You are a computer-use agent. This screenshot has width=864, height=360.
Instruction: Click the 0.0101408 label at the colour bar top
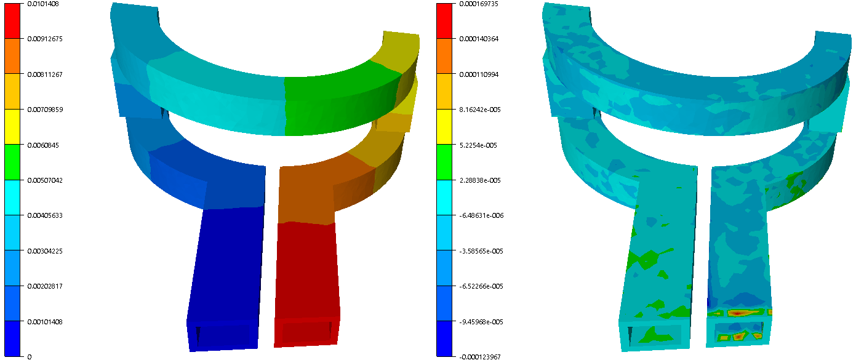tap(43, 4)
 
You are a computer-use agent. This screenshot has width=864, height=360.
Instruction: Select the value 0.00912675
tap(45, 39)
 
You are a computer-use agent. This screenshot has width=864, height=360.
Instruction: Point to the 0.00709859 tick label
tap(45, 110)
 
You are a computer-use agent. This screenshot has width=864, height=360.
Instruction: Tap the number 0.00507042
tap(45, 180)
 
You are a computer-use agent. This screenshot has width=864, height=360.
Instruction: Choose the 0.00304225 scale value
tap(45, 251)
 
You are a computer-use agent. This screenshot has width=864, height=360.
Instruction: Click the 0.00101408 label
tap(45, 322)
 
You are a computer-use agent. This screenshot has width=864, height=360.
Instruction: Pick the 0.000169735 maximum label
tap(479, 4)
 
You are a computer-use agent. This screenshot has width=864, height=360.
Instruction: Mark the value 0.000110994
tap(479, 74)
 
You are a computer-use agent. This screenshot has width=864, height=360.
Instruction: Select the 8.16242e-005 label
tap(480, 110)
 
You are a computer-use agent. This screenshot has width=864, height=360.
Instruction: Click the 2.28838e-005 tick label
tap(480, 180)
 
